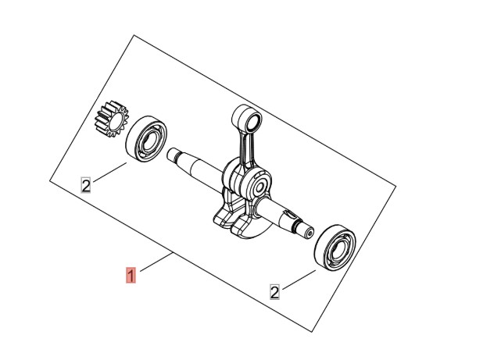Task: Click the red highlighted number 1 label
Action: click(x=131, y=275)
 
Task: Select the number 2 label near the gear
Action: click(x=86, y=185)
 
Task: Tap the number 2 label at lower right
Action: click(x=274, y=292)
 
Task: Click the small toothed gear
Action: click(x=112, y=119)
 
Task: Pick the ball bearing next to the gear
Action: click(x=146, y=139)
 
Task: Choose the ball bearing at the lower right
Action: click(x=335, y=248)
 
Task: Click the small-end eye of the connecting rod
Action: click(x=247, y=119)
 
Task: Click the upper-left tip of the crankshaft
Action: click(x=169, y=153)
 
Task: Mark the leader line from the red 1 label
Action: click(x=156, y=262)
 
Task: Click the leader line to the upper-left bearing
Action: click(x=109, y=172)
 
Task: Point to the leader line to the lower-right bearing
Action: click(x=299, y=280)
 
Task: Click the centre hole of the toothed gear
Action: click(x=116, y=122)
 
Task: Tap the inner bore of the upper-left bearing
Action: click(x=149, y=141)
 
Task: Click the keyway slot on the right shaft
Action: click(x=289, y=216)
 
